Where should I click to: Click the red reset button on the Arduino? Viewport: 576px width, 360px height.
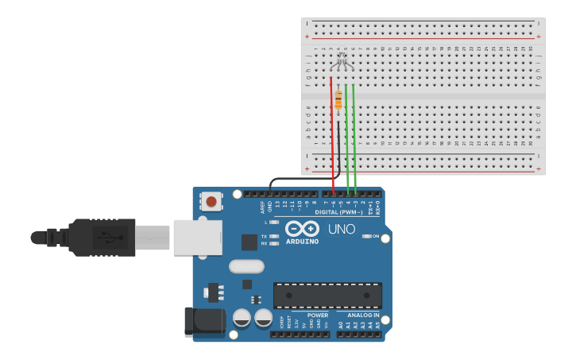point(211,201)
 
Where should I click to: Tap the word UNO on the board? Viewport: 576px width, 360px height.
point(342,230)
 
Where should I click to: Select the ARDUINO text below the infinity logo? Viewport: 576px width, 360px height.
point(302,242)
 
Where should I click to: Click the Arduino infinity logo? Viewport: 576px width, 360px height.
point(302,229)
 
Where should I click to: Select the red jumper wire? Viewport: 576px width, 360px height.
point(332,135)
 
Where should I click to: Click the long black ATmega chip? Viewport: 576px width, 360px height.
point(327,296)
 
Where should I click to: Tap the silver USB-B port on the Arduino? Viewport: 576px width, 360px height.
point(198,237)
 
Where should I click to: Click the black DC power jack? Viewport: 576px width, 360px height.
point(204,321)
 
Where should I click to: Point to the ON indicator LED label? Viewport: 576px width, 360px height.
point(375,236)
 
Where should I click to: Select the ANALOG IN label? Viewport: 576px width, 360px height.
point(363,315)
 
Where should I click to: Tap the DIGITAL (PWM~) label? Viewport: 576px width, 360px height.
point(338,212)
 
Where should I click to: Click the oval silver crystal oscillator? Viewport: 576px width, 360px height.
point(246,266)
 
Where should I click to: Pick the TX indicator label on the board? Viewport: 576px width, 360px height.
point(264,236)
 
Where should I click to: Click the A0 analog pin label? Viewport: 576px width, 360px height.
point(341,324)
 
